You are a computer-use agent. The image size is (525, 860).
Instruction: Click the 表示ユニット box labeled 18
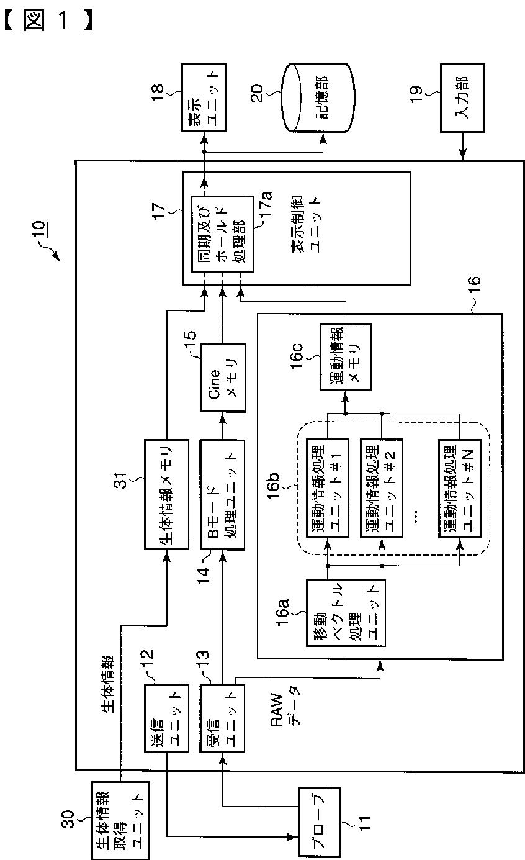[x=204, y=97]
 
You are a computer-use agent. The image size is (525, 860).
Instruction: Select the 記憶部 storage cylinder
[x=318, y=98]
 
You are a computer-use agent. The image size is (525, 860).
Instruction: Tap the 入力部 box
[x=462, y=98]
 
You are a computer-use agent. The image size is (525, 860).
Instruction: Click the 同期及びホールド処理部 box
[x=222, y=234]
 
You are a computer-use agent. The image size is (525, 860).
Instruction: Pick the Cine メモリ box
[x=223, y=378]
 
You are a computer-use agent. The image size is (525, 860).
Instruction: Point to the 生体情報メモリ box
[x=166, y=494]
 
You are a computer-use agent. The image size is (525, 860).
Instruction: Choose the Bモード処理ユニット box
[x=222, y=494]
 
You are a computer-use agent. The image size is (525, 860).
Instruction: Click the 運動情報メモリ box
[x=346, y=357]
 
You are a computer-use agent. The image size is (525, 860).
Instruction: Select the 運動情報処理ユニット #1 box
[x=328, y=488]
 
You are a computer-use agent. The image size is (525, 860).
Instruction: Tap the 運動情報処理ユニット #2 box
[x=382, y=488]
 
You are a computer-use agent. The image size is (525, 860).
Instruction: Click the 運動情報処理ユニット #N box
[x=460, y=488]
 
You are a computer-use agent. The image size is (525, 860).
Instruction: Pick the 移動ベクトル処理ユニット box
[x=346, y=613]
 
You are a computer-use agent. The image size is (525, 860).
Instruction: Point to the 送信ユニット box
[x=166, y=718]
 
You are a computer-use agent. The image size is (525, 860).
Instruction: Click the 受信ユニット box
[x=222, y=718]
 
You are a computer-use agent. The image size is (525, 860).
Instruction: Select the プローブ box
[x=320, y=822]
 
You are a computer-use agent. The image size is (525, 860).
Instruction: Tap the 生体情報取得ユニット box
[x=120, y=820]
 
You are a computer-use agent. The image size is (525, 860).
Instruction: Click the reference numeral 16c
[x=296, y=356]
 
